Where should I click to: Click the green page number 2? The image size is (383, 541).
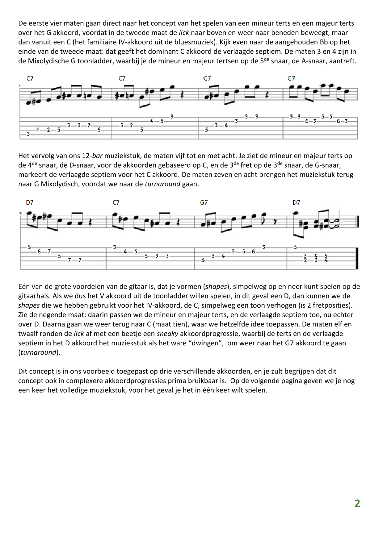coord(357,503)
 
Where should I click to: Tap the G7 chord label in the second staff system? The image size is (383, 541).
coord(204,202)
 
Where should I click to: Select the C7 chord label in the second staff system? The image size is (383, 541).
coord(116,202)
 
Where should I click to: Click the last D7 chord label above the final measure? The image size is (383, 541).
coord(296,202)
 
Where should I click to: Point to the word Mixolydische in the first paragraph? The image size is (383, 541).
coord(47,61)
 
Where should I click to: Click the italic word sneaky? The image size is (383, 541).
coord(167,334)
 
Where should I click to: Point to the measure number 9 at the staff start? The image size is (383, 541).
coord(20,213)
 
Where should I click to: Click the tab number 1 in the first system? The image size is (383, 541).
coord(38,130)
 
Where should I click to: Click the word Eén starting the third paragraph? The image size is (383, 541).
coord(24,286)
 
